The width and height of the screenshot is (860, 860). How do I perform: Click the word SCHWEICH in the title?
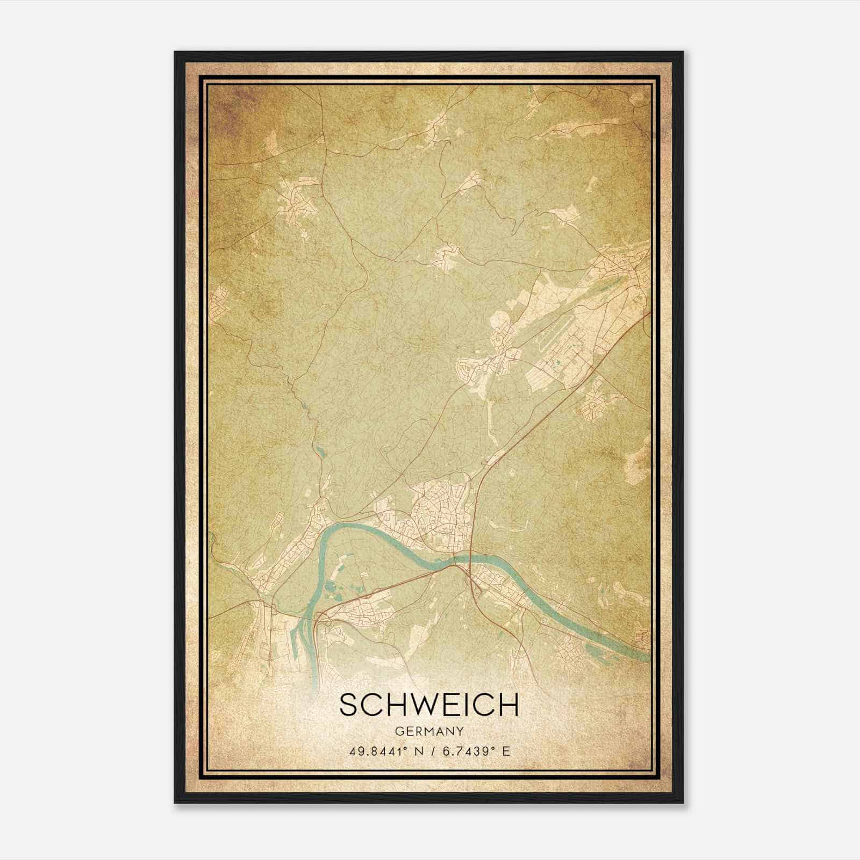pyautogui.click(x=429, y=704)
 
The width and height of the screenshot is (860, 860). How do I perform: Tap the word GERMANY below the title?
pyautogui.click(x=429, y=732)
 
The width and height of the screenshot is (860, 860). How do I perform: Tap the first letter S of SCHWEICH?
pyautogui.click(x=349, y=704)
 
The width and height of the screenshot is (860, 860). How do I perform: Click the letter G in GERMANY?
pyautogui.click(x=398, y=732)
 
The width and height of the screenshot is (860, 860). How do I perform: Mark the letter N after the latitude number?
pyautogui.click(x=413, y=751)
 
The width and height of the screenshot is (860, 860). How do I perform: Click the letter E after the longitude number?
pyautogui.click(x=505, y=751)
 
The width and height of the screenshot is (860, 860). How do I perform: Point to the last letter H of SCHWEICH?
pyautogui.click(x=508, y=704)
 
